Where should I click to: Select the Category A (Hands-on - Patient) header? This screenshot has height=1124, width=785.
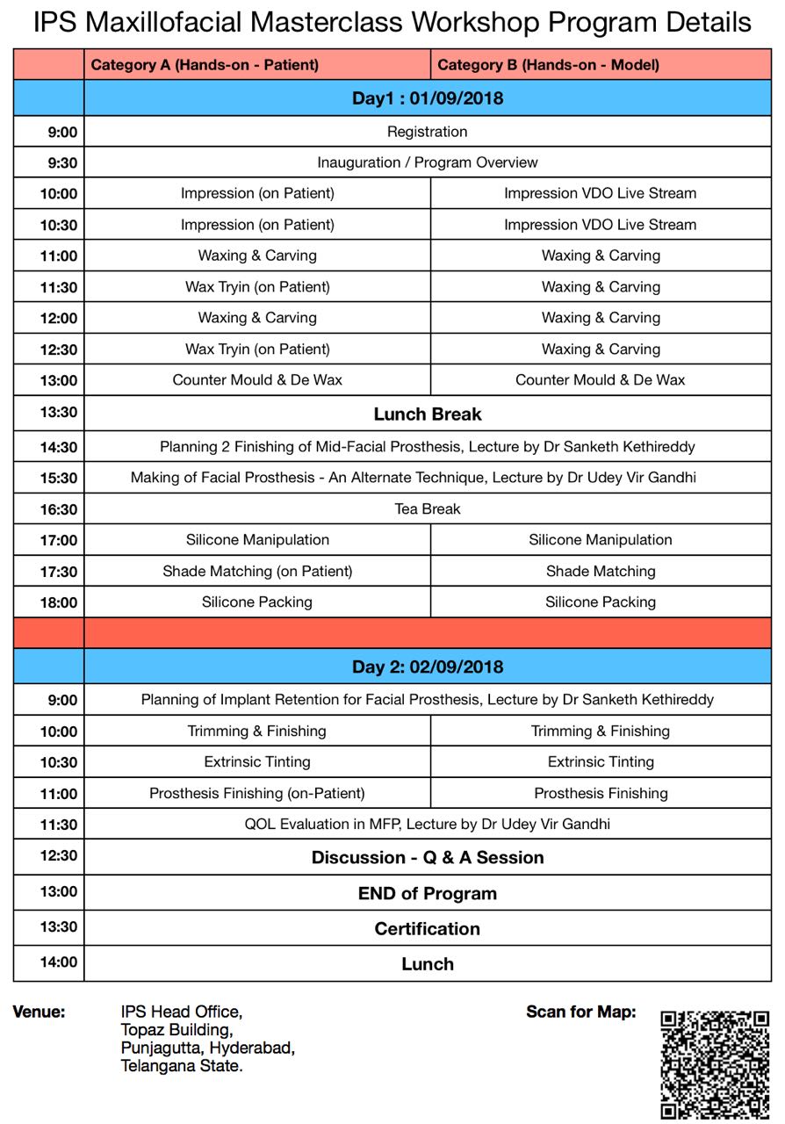tap(205, 65)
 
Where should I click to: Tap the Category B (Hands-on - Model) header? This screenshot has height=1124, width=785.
tap(548, 65)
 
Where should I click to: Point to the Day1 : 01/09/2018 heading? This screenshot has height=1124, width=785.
tap(428, 98)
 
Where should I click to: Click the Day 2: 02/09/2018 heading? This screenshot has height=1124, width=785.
tap(428, 667)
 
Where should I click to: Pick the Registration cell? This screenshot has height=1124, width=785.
tap(428, 132)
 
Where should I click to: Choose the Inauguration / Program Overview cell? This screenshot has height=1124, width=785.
tap(428, 162)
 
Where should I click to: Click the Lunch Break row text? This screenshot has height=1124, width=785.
tap(428, 414)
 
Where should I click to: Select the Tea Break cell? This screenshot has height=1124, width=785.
tap(428, 509)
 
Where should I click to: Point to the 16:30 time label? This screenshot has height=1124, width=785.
tap(58, 510)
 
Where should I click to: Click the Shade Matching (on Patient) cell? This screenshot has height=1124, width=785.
tap(257, 572)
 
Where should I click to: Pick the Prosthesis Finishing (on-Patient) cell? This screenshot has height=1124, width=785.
tap(257, 794)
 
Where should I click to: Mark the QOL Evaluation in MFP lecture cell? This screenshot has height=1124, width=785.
tap(428, 825)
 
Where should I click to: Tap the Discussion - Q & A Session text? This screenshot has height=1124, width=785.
tap(428, 858)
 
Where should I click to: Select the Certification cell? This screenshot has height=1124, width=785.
tap(428, 929)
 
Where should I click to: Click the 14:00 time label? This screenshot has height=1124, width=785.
tap(58, 962)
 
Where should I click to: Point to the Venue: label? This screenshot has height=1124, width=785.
tap(39, 1012)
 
